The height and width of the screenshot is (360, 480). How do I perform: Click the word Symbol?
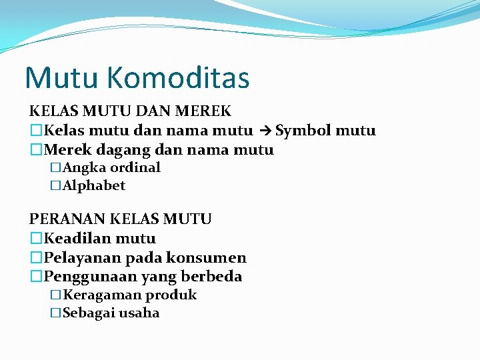point(303,131)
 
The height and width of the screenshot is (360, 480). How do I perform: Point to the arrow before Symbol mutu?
point(264,131)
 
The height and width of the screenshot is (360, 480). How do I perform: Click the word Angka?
point(84,167)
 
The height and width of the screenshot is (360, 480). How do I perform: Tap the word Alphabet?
point(94,185)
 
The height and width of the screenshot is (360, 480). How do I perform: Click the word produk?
point(171,295)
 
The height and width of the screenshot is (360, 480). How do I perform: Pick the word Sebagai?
point(89,313)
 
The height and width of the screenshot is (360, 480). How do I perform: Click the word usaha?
point(139,313)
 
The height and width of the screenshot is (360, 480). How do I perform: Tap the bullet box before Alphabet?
point(56,185)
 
